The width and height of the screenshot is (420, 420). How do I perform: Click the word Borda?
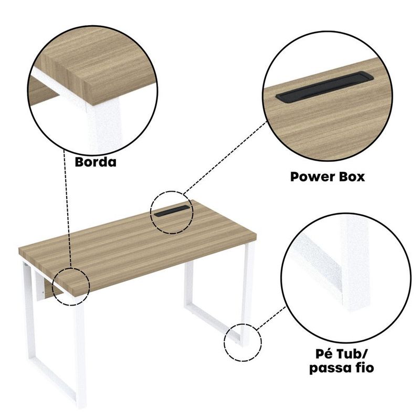coord(96,162)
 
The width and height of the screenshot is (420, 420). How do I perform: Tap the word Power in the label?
coord(309,177)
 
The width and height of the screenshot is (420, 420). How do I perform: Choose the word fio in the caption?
coord(363,367)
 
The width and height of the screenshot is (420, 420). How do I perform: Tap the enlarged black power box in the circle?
coord(324,87)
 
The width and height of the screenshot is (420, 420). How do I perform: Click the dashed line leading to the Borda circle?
coord(67,208)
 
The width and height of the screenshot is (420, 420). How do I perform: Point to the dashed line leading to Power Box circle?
coord(225,157)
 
